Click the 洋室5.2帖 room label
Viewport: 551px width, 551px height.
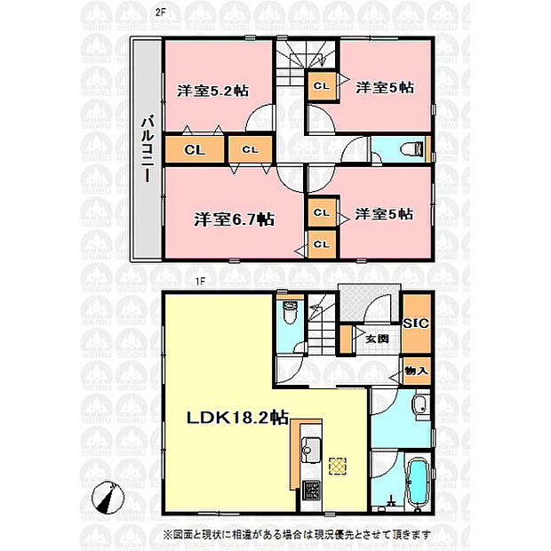tap(213, 91)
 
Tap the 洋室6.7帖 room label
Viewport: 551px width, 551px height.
tap(235, 220)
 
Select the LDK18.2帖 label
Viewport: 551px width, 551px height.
tap(237, 418)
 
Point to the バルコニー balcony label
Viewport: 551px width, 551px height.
tap(147, 150)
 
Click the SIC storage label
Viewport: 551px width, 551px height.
tap(416, 323)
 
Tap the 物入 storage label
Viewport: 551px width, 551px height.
tap(416, 371)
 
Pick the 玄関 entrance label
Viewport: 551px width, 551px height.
tap(377, 339)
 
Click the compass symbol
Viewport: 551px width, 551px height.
tap(108, 498)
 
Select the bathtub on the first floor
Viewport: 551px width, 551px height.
tap(418, 482)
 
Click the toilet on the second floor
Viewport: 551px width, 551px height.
tap(413, 149)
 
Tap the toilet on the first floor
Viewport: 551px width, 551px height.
tap(290, 312)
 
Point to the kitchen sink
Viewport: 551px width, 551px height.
tap(311, 451)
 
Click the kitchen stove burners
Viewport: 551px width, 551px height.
tap(311, 490)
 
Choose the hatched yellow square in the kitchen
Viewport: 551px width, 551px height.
tap(338, 467)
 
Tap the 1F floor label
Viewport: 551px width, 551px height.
tap(200, 282)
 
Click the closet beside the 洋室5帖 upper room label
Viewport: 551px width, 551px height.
tap(322, 86)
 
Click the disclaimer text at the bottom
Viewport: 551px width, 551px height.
tap(297, 534)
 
